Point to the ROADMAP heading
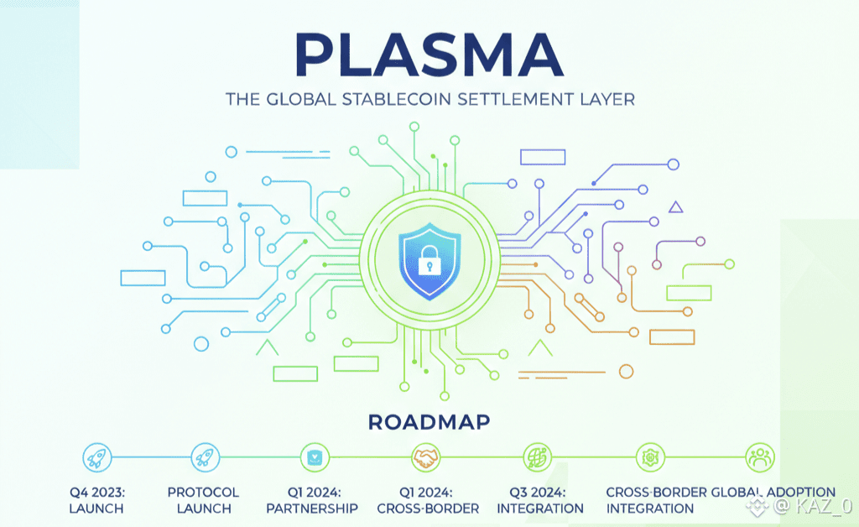(x=429, y=420)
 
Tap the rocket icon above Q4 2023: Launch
(x=96, y=457)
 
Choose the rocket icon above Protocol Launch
(x=204, y=457)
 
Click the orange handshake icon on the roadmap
(x=426, y=457)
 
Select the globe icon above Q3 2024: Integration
(x=537, y=457)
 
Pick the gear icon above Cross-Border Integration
(x=649, y=457)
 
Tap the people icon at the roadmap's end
(x=759, y=457)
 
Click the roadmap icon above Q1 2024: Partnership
(x=315, y=457)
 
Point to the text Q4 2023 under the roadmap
(x=96, y=493)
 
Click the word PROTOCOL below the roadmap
(x=203, y=493)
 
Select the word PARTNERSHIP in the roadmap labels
(x=312, y=509)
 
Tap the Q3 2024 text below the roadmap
(x=538, y=493)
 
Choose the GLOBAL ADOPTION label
(x=773, y=493)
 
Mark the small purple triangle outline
(x=676, y=206)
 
